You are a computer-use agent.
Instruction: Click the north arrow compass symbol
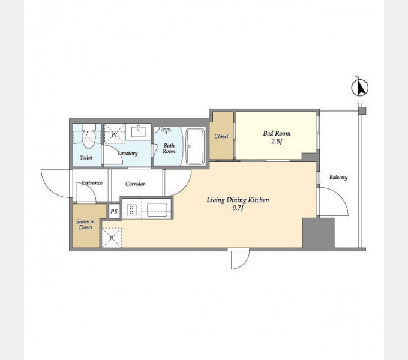(360, 87)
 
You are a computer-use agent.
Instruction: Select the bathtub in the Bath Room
(194, 146)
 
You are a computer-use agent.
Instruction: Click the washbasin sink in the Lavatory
(138, 131)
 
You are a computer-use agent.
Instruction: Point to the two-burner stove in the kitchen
(131, 209)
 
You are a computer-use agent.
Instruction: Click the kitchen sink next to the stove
(157, 209)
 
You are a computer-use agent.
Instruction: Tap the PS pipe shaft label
(114, 211)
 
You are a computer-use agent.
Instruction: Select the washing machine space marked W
(115, 134)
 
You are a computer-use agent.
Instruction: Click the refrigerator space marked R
(112, 238)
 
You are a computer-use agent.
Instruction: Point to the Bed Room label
(277, 133)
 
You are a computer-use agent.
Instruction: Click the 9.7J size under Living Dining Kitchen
(238, 208)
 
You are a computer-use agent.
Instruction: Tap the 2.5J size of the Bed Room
(277, 142)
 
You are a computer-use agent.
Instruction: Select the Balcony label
(338, 178)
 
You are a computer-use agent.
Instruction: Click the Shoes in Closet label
(85, 224)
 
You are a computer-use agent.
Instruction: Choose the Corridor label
(135, 184)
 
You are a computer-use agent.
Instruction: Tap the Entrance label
(92, 183)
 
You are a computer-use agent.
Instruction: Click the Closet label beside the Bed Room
(221, 136)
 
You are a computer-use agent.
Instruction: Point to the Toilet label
(86, 158)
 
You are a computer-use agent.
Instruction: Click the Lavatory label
(127, 153)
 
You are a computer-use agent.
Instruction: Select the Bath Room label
(169, 148)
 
